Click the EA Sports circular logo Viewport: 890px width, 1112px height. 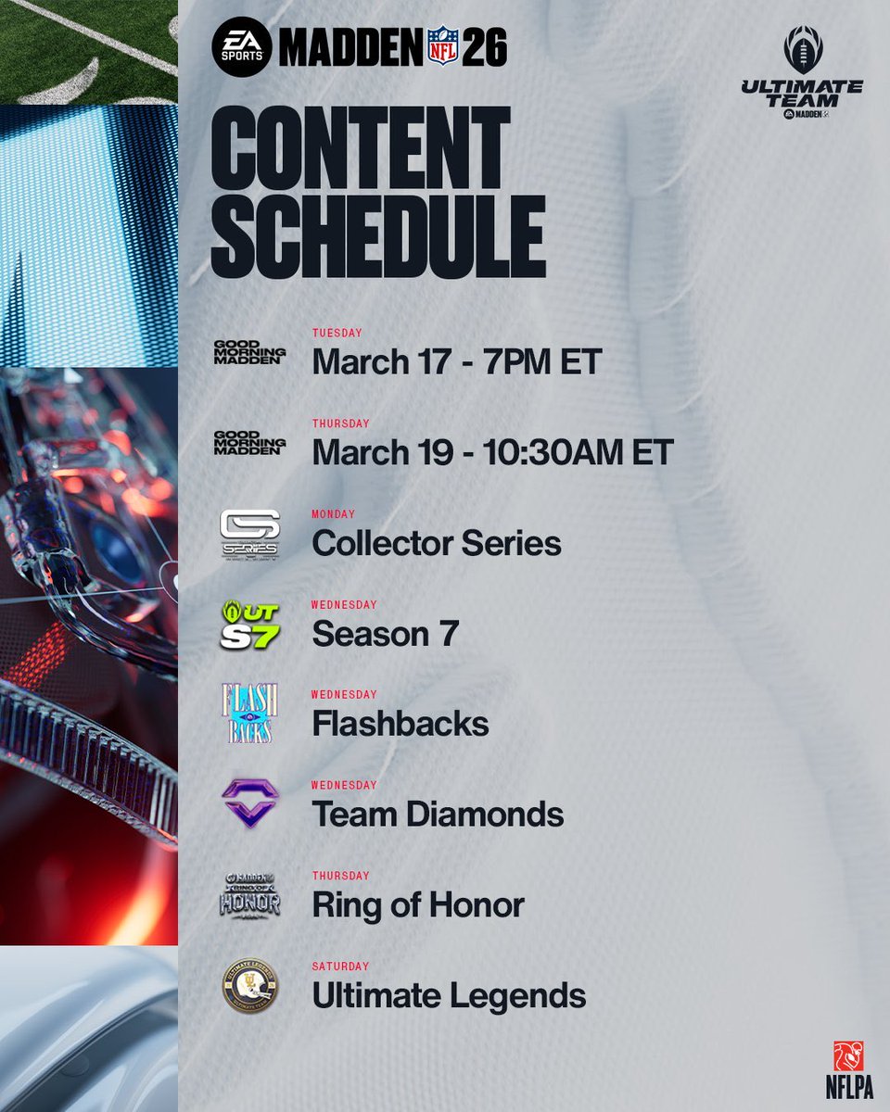[x=242, y=45]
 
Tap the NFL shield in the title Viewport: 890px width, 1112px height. [x=442, y=46]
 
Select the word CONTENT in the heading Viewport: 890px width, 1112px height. [x=361, y=147]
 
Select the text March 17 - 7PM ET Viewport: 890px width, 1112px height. [x=457, y=361]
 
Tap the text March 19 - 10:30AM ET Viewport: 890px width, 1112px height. [x=492, y=452]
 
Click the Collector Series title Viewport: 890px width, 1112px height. [x=437, y=542]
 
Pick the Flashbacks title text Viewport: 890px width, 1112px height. [x=400, y=724]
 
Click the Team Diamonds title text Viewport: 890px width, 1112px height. [x=438, y=815]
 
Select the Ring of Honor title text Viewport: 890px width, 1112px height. [x=418, y=905]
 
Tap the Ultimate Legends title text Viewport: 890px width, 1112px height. [x=449, y=996]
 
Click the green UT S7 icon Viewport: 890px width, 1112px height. [x=249, y=624]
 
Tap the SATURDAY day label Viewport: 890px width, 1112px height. [x=340, y=967]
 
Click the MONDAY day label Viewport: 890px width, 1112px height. [x=334, y=514]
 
